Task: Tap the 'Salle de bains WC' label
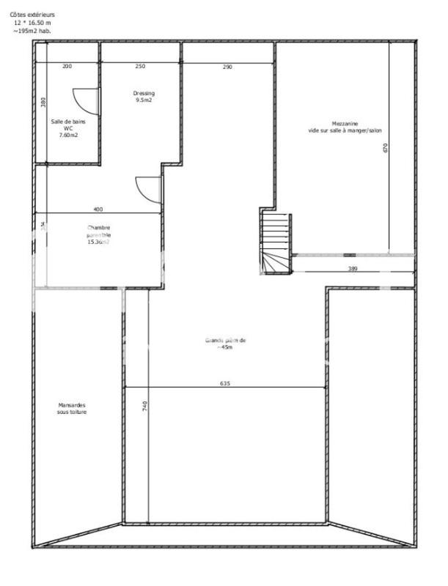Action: pos(64,128)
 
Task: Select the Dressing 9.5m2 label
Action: pos(144,97)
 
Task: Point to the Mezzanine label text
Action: pos(345,127)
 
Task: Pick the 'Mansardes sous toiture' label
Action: pos(72,408)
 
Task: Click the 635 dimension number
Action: pos(226,383)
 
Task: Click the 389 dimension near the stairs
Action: pos(353,270)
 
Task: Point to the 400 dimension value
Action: pos(98,209)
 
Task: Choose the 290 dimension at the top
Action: pos(227,67)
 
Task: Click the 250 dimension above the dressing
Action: pos(140,67)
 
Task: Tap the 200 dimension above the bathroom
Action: pos(67,67)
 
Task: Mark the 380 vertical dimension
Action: pos(43,103)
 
